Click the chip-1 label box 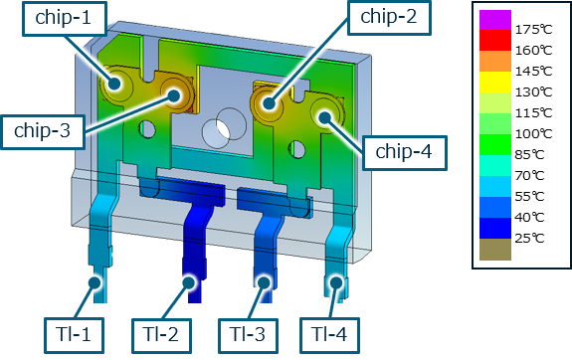65,19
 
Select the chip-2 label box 389,18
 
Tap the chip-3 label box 43,132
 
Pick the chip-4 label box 405,153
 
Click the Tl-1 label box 74,335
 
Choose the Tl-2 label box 161,335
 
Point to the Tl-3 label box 248,335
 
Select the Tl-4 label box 330,335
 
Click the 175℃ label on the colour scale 533,29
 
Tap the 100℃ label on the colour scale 533,134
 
